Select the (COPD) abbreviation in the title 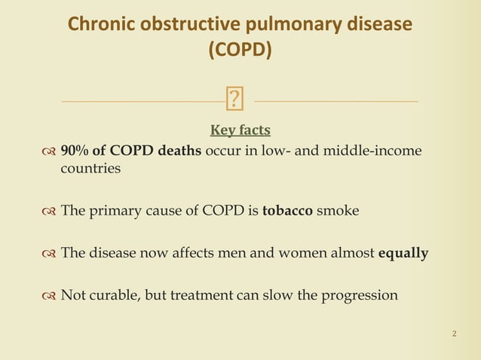[240, 50]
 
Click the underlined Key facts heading [240, 130]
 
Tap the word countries [90, 168]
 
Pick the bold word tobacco [287, 210]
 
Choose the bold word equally [403, 252]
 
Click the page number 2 [454, 333]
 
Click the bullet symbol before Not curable [49, 295]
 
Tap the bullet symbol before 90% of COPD [49, 151]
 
